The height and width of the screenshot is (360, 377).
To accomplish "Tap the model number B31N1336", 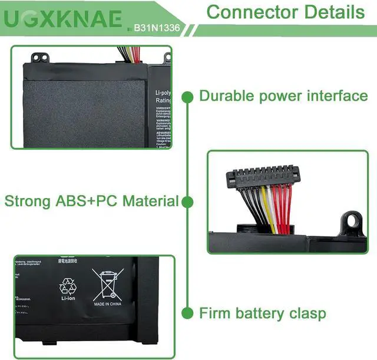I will click(157, 27).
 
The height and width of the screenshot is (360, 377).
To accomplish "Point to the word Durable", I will click(227, 95).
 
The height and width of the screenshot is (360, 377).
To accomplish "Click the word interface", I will click(336, 95).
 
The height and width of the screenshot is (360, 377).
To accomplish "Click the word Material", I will click(151, 201).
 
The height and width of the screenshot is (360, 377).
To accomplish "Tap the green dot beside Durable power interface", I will click(187, 96).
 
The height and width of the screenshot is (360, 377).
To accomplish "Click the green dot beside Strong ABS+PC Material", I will click(187, 202).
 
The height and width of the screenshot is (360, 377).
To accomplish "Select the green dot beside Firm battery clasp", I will click(187, 313).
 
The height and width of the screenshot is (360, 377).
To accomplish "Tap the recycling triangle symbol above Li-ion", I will click(68, 286).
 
